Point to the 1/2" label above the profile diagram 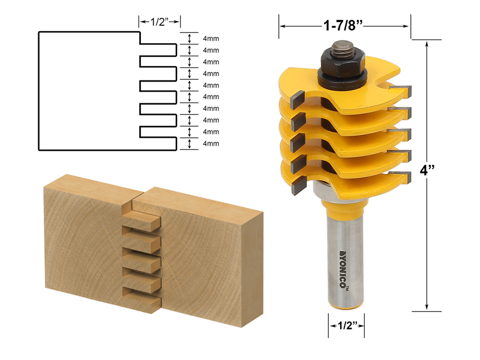pyautogui.click(x=160, y=22)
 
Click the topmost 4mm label pyautogui.click(x=211, y=38)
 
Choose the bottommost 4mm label pyautogui.click(x=211, y=143)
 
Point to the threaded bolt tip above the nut pyautogui.click(x=343, y=46)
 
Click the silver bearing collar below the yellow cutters pyautogui.click(x=320, y=192)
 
